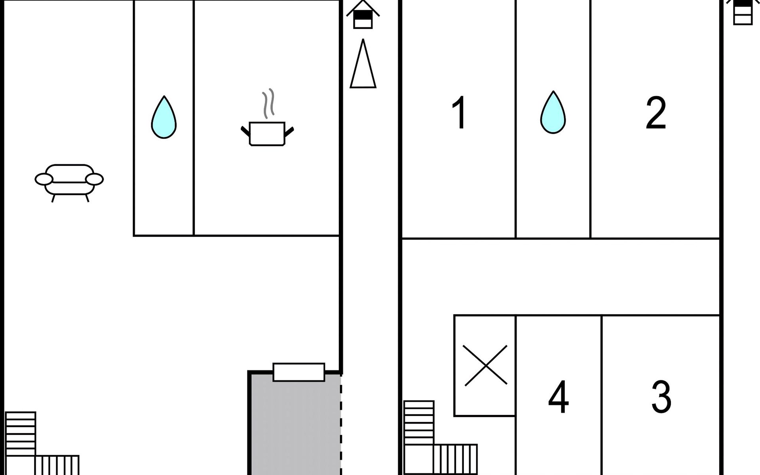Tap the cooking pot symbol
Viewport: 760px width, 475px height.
click(267, 134)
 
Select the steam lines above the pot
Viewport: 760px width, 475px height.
click(268, 103)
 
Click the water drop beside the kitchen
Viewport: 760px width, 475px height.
click(164, 117)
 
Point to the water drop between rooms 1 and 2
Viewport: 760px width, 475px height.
click(553, 112)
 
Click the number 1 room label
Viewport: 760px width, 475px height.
click(459, 113)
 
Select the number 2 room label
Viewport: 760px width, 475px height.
click(656, 113)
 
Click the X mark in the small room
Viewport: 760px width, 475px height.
click(485, 365)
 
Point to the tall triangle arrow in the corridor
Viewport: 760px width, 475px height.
click(363, 63)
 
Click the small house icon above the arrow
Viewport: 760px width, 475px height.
click(363, 15)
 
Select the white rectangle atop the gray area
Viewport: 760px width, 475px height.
click(299, 372)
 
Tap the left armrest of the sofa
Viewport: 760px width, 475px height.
click(44, 179)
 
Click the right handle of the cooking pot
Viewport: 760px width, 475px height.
click(289, 131)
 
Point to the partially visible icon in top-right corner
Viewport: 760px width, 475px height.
click(743, 12)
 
